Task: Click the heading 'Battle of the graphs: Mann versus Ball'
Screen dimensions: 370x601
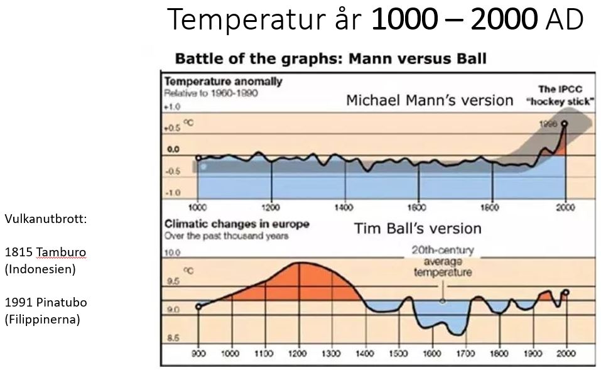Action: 330,60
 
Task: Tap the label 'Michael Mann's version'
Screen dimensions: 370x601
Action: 430,101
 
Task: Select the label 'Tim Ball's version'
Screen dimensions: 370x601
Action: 418,228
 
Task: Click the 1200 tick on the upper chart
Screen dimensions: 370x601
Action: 271,207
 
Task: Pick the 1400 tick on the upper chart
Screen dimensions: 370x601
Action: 345,207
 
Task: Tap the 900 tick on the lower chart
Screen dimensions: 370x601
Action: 198,353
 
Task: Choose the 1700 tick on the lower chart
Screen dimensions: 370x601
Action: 465,353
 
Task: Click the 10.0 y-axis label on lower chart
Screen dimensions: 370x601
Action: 172,253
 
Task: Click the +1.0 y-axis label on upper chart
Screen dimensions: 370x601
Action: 171,107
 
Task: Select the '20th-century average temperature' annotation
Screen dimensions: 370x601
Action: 443,261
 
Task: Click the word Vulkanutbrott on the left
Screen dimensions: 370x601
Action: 45,219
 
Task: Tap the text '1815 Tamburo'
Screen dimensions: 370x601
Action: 45,253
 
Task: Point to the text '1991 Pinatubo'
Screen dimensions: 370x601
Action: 46,303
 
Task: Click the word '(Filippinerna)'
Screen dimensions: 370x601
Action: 43,319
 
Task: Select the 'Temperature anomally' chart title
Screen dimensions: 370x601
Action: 223,82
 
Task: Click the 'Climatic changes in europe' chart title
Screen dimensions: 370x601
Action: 236,224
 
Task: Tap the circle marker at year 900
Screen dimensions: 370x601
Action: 198,307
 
